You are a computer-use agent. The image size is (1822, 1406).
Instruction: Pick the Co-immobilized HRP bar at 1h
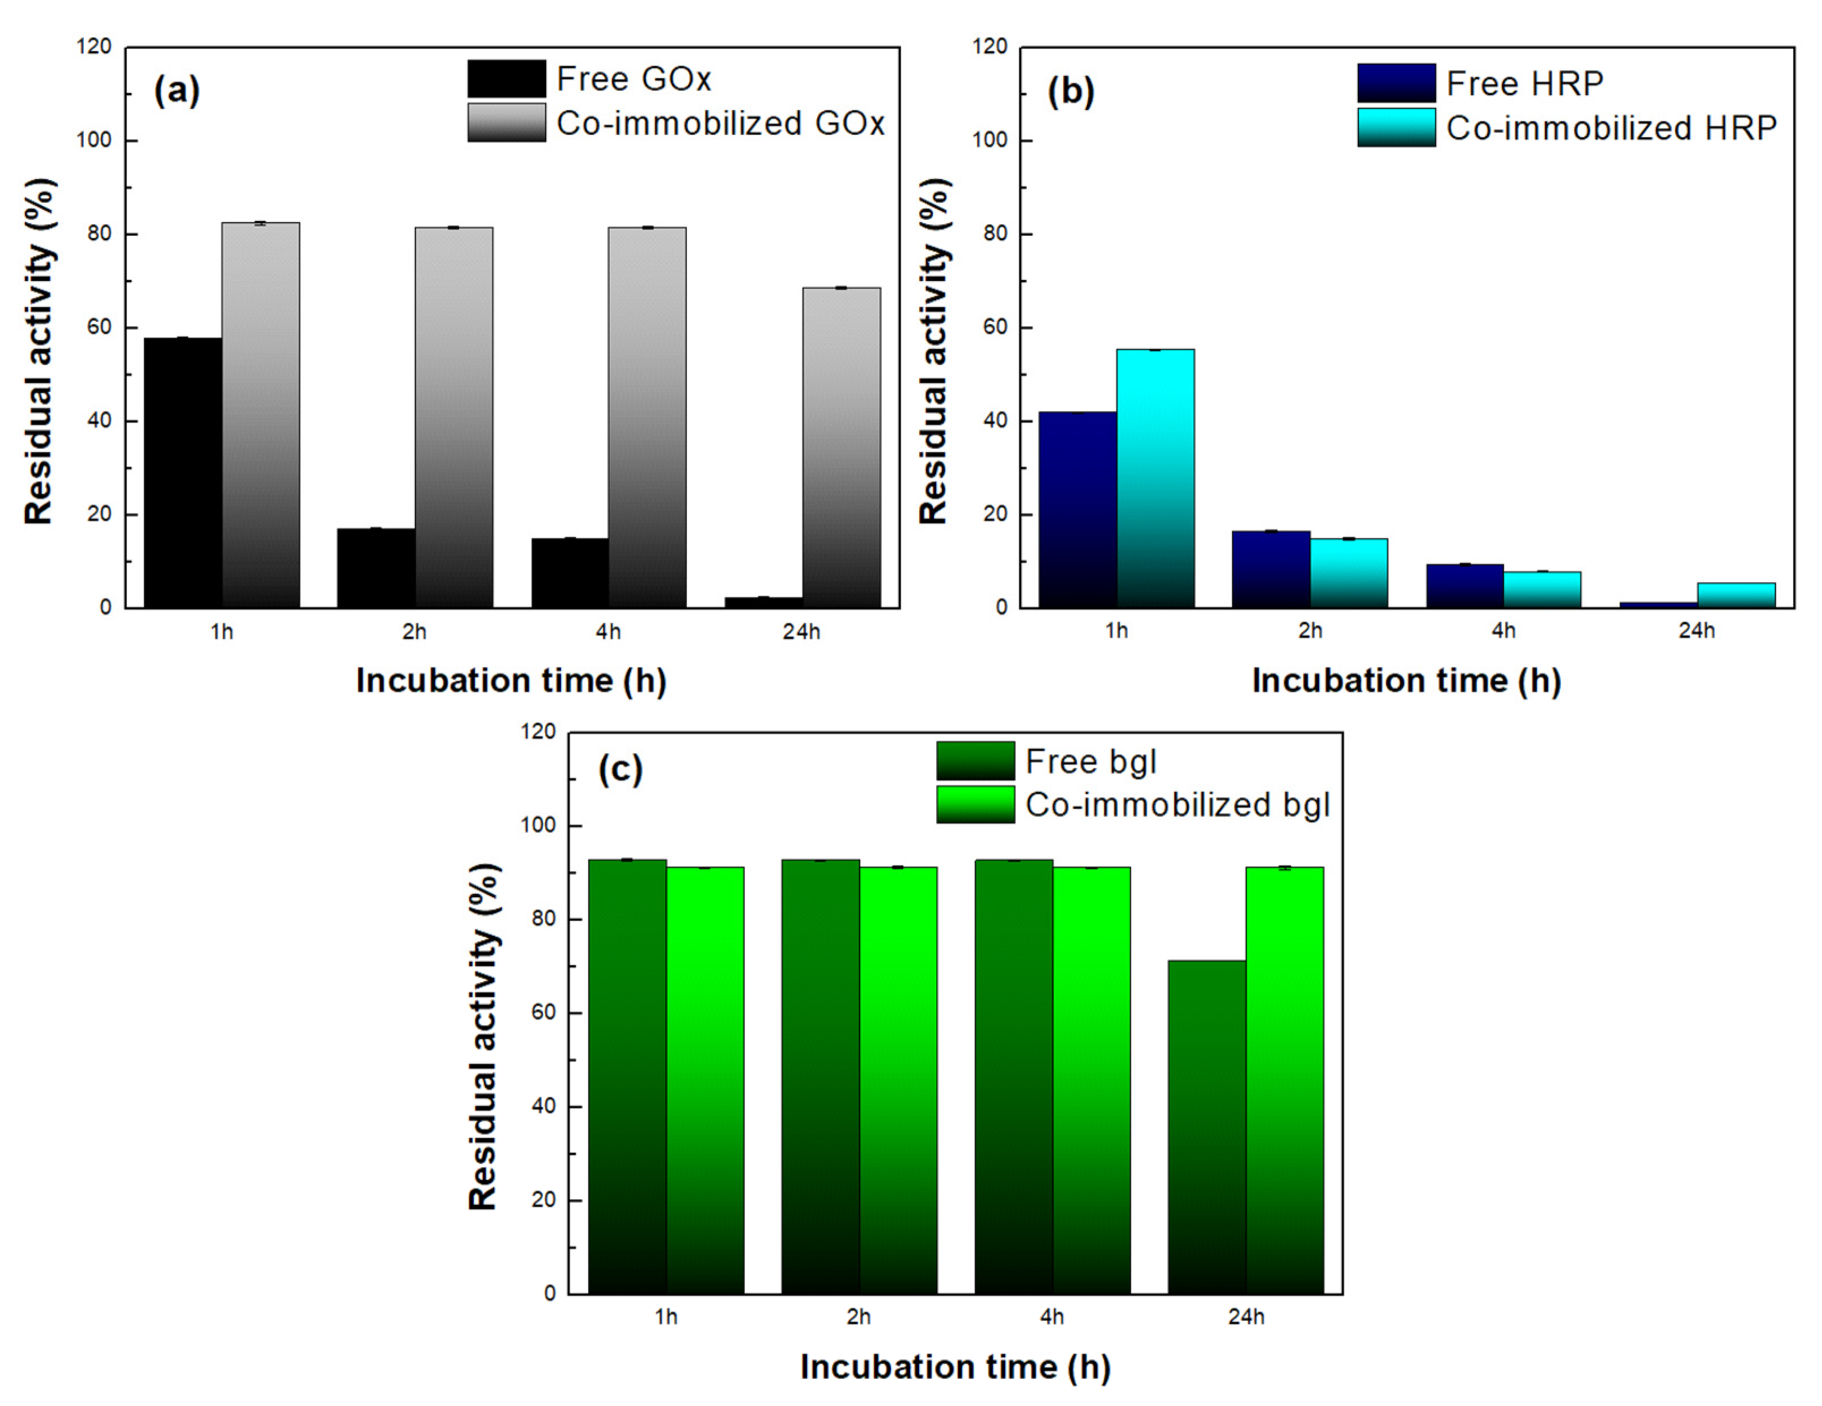pos(1156,478)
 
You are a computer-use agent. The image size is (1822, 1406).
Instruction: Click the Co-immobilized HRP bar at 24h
pos(1736,595)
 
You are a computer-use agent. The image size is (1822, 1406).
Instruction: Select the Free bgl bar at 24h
pos(1207,1127)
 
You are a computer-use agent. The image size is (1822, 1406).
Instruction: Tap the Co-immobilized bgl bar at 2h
pos(898,1081)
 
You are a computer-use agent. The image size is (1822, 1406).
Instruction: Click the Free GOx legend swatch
pos(507,79)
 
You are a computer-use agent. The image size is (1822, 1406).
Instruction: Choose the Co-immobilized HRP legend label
pos(1611,129)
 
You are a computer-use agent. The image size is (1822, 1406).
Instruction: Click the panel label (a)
pos(177,90)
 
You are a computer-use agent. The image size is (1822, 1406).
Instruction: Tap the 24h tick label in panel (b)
pos(1696,631)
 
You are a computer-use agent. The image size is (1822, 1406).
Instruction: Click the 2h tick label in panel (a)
pos(415,632)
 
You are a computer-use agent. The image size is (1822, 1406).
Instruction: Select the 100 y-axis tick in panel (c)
pos(537,825)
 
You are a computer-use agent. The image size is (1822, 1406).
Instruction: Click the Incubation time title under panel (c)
pos(955,1367)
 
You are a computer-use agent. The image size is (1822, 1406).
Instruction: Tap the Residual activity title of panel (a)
pos(39,350)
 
